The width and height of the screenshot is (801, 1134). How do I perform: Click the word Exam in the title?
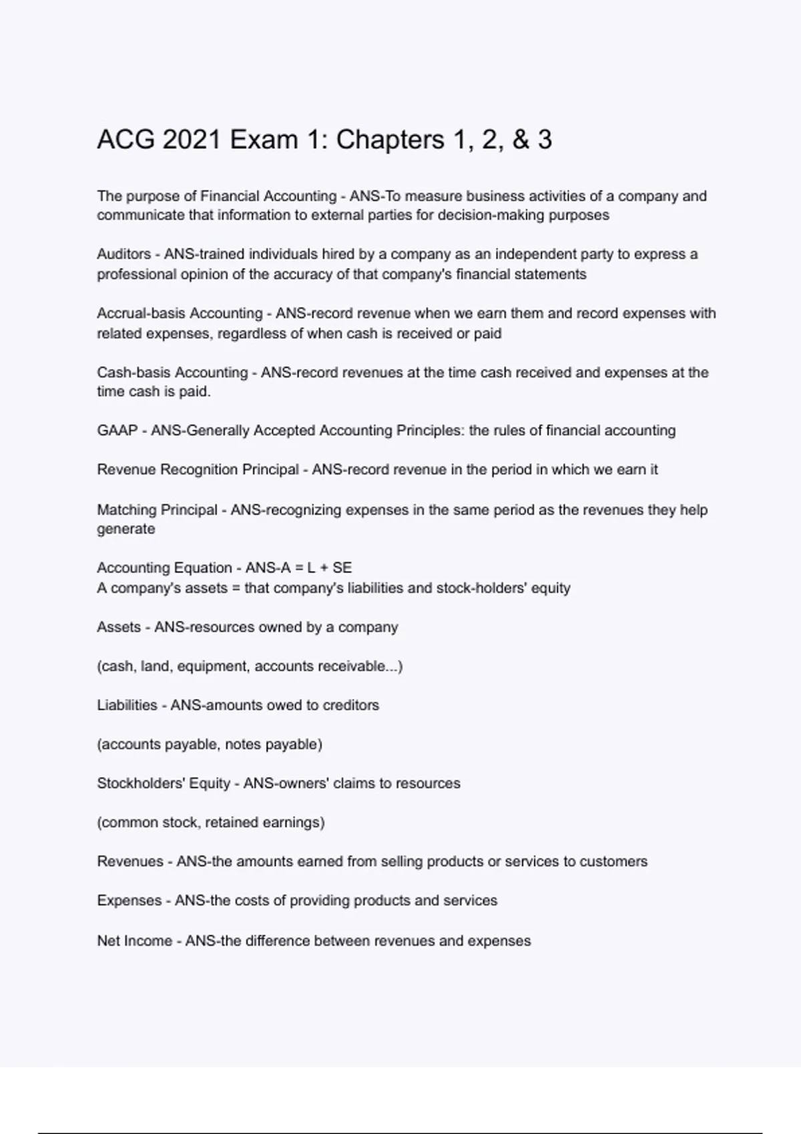(x=264, y=140)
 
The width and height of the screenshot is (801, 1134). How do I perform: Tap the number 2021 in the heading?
(x=192, y=140)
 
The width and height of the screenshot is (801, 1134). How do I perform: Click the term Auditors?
(x=123, y=254)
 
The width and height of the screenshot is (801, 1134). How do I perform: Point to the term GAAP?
(x=117, y=431)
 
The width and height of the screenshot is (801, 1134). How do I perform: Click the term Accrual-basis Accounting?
(x=180, y=314)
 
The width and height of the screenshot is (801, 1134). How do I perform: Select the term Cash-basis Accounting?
(x=172, y=372)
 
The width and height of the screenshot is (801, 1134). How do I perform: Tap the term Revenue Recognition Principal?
(x=198, y=470)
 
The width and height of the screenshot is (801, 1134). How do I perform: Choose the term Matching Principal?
(x=157, y=510)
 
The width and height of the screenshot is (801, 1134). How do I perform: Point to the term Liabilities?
(x=127, y=705)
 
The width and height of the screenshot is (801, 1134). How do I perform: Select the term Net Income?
(x=134, y=941)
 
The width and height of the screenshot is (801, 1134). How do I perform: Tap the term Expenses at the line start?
(x=129, y=901)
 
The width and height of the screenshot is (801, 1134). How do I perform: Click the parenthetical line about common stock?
(x=211, y=822)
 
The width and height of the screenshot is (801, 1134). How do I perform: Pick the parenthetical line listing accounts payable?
(x=210, y=744)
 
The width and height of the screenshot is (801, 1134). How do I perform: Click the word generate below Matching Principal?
(x=125, y=529)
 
